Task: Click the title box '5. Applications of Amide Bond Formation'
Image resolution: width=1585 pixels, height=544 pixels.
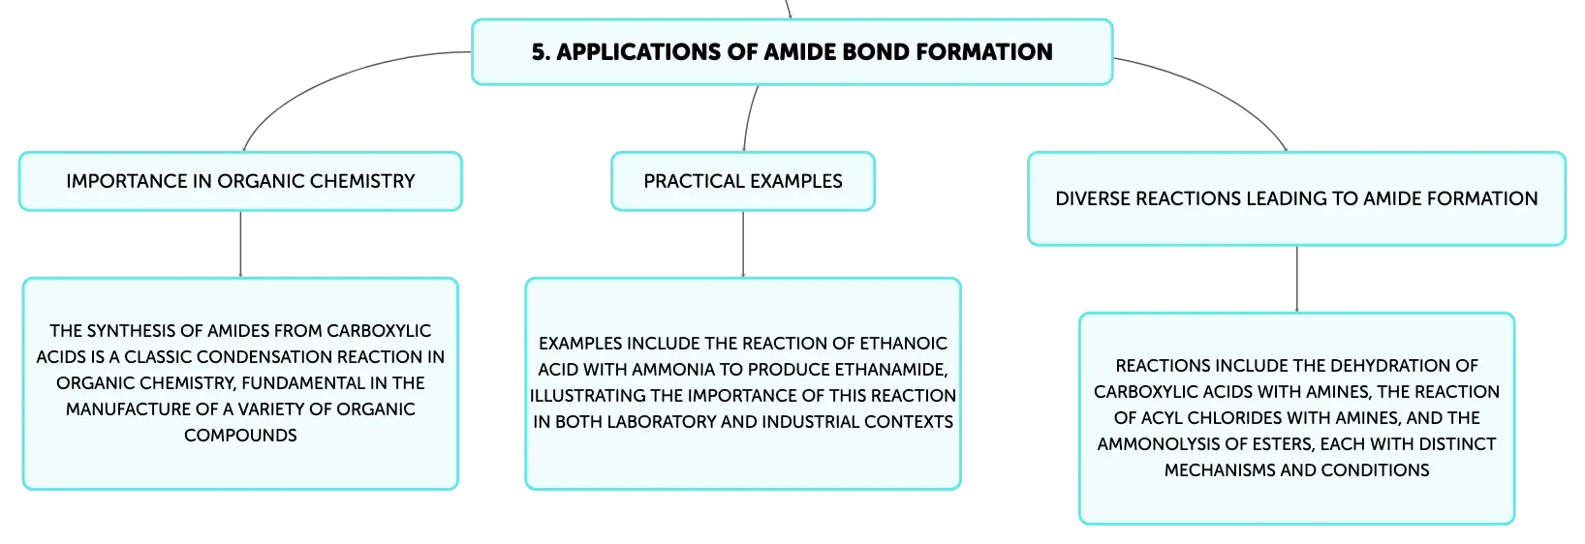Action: tap(792, 51)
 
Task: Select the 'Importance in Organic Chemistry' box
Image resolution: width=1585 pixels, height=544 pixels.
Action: tap(240, 181)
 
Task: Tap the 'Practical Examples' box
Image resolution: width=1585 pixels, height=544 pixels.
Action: tap(743, 181)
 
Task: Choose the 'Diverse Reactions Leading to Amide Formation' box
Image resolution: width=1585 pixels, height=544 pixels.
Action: tap(1296, 198)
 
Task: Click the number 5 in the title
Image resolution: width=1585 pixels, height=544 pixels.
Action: tap(540, 51)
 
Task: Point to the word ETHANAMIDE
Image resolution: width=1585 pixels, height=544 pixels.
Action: tap(890, 369)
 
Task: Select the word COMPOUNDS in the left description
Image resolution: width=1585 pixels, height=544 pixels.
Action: tap(240, 435)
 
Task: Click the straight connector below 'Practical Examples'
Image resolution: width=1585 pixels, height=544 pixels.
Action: tap(743, 244)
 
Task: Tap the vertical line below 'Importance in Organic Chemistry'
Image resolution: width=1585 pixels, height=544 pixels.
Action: tap(240, 244)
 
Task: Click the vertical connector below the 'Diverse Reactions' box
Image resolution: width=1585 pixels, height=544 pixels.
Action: tap(1297, 279)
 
